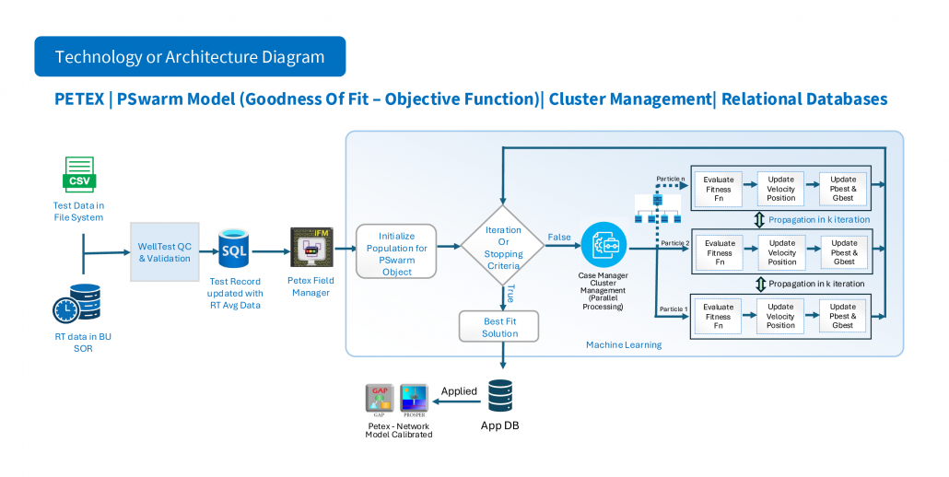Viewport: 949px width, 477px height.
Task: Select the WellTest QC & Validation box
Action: [x=164, y=251]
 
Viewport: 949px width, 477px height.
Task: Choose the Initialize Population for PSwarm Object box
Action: [x=396, y=249]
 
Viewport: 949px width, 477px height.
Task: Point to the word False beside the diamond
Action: [x=559, y=237]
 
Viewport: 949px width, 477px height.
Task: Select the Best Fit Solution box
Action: [x=499, y=327]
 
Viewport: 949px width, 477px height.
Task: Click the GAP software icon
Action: [x=379, y=399]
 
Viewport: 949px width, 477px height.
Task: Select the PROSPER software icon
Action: [x=414, y=399]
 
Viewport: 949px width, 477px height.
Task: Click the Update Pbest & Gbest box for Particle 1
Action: [x=842, y=314]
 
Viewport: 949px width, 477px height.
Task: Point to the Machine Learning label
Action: [x=623, y=345]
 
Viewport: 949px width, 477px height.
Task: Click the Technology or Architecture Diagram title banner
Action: [x=190, y=56]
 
